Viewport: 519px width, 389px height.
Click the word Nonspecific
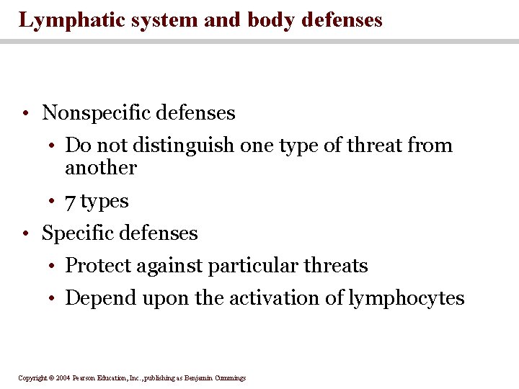tap(98, 113)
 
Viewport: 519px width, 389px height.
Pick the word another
tap(101, 168)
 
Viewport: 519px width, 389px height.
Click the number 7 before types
tap(71, 202)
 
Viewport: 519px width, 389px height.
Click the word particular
tap(252, 266)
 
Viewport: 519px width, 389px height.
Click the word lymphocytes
tap(407, 298)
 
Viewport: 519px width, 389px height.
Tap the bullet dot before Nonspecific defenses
tap(25, 114)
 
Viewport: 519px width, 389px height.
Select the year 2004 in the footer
tap(63, 377)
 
